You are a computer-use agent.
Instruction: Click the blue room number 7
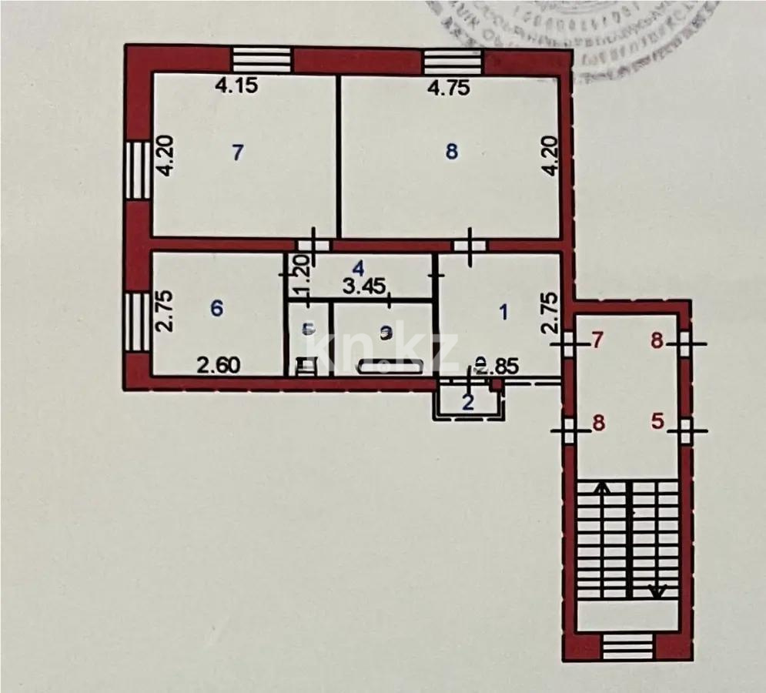(238, 152)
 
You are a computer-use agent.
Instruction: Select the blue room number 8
(452, 152)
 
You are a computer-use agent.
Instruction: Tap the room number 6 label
(217, 308)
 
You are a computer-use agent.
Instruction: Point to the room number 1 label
(504, 312)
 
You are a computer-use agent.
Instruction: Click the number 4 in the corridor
(357, 268)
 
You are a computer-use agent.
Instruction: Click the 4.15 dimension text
(236, 87)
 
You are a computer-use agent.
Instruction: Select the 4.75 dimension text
(448, 87)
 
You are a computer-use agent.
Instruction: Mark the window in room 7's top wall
(262, 59)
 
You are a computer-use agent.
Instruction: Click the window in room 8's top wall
(452, 59)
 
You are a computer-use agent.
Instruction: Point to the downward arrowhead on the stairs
(657, 591)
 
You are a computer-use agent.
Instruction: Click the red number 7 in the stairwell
(596, 340)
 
